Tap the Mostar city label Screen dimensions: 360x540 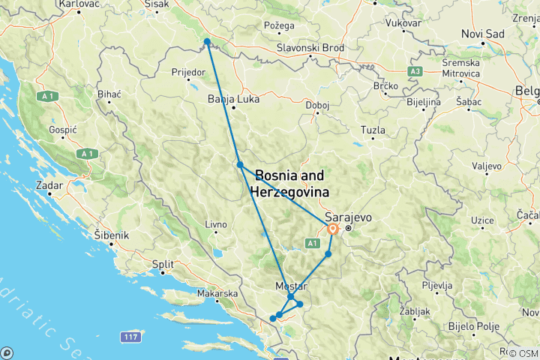coord(292,286)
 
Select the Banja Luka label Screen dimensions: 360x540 coord(227,97)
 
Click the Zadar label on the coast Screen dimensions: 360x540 coord(49,183)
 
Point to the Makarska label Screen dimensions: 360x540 coord(217,294)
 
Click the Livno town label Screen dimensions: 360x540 coord(216,224)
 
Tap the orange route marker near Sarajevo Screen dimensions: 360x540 coord(331,229)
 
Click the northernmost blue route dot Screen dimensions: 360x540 coord(206,41)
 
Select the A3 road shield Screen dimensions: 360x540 coord(414,70)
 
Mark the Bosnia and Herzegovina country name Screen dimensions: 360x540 coord(290,184)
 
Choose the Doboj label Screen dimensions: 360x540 coord(318,105)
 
